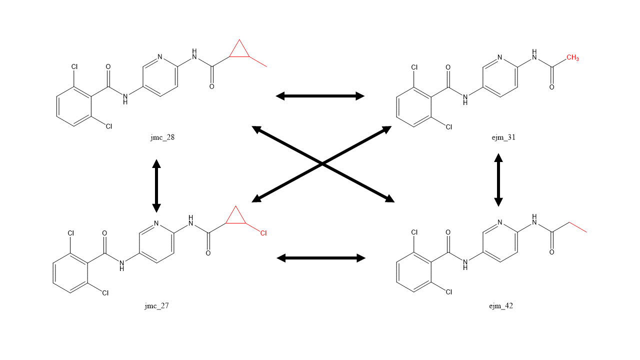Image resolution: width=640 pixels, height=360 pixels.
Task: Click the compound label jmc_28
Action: (162, 138)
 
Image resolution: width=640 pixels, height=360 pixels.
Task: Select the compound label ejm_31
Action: (503, 138)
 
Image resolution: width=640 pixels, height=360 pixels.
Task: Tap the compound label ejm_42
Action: (501, 306)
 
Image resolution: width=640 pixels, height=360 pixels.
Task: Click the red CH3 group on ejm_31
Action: (572, 58)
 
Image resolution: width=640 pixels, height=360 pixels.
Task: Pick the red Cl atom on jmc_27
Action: (263, 233)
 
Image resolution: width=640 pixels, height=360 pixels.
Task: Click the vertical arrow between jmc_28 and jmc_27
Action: (156, 185)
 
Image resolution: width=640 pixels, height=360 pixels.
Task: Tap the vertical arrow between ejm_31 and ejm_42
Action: (498, 180)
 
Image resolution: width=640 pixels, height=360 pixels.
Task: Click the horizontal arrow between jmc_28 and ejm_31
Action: (320, 96)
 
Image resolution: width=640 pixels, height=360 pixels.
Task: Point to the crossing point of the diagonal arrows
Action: (322, 163)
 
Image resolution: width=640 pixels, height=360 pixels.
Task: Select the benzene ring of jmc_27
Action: (70, 273)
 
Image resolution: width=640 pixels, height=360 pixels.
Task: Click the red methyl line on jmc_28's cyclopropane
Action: (258, 61)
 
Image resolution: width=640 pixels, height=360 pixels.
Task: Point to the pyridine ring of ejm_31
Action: (500, 77)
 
